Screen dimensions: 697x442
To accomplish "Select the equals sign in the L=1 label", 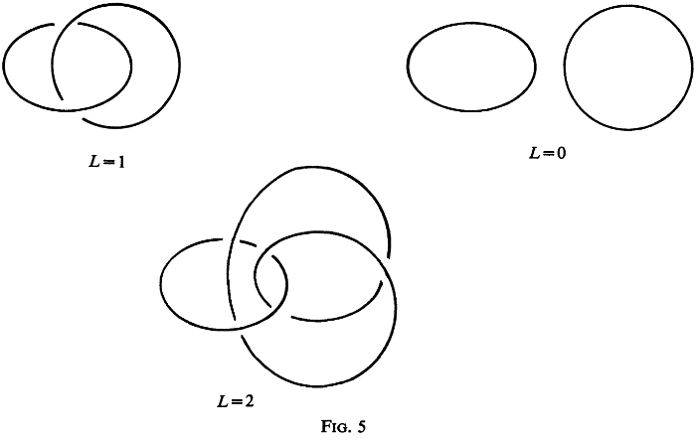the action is click(106, 160).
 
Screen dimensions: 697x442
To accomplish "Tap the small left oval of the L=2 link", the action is click(161, 283).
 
